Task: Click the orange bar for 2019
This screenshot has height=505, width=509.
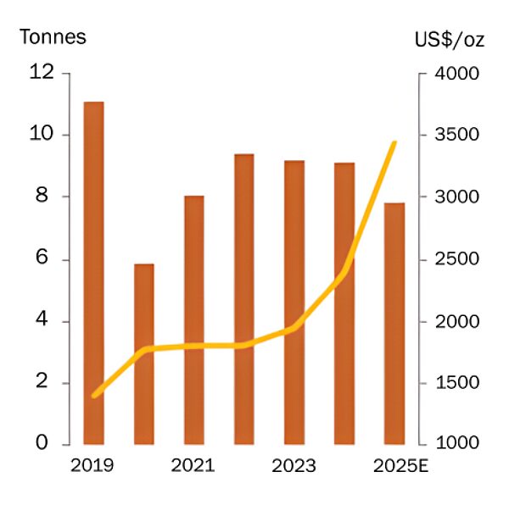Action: click(93, 271)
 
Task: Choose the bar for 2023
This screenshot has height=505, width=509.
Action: click(294, 302)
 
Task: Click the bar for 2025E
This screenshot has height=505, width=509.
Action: click(394, 323)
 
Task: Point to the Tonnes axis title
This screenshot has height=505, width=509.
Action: click(53, 37)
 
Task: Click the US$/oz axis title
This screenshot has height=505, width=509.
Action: click(450, 39)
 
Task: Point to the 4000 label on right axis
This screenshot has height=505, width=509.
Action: click(458, 74)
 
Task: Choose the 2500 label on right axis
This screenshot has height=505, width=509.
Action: click(458, 259)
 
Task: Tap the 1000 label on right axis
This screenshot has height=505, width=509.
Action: click(458, 444)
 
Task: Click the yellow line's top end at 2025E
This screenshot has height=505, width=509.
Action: click(394, 143)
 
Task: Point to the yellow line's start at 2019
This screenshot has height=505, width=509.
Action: click(94, 395)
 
